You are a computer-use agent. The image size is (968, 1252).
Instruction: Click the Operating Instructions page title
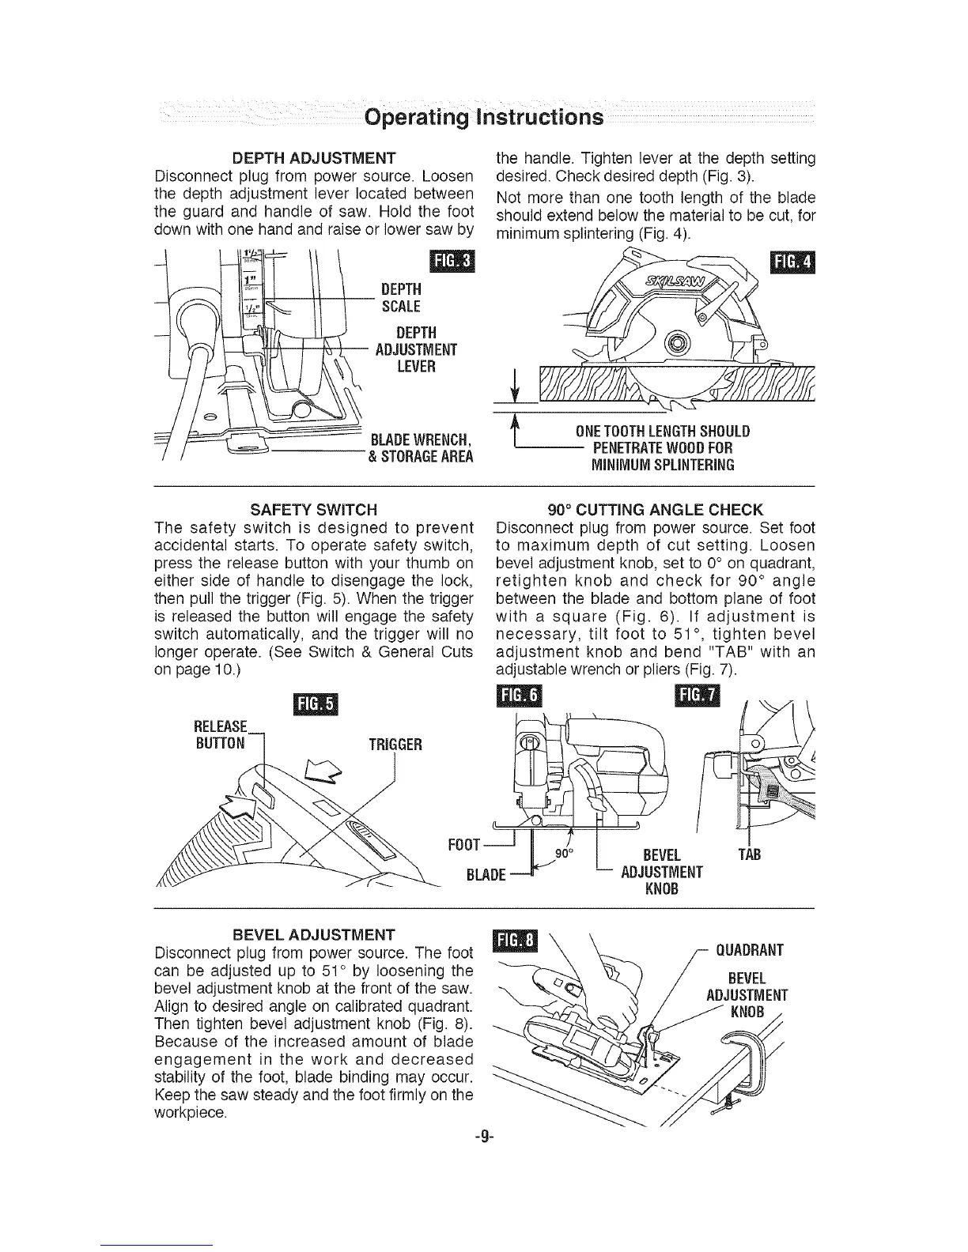click(484, 118)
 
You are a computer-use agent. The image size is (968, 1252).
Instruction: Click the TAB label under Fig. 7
click(748, 855)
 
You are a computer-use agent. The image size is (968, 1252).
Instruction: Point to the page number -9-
click(483, 1138)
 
